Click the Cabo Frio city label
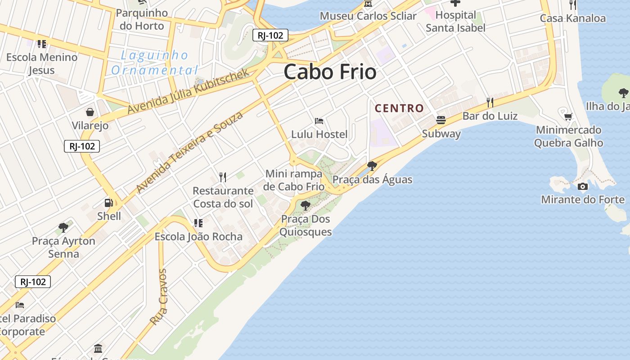(330, 72)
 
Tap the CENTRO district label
(399, 108)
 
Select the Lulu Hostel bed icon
(319, 121)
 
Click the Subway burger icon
(441, 120)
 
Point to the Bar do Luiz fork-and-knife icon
(490, 103)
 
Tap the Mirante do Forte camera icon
(583, 186)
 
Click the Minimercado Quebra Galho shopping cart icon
(568, 117)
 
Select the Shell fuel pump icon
(109, 203)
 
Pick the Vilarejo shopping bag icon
(90, 112)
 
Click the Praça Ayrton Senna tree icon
(63, 228)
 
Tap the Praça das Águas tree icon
(372, 166)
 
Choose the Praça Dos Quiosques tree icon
(306, 206)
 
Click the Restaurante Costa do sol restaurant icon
(222, 177)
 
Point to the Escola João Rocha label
(198, 237)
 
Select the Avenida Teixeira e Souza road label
(189, 152)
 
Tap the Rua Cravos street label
(159, 297)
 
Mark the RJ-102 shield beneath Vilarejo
(81, 146)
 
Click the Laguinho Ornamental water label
(154, 63)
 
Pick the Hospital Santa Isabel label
(455, 21)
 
